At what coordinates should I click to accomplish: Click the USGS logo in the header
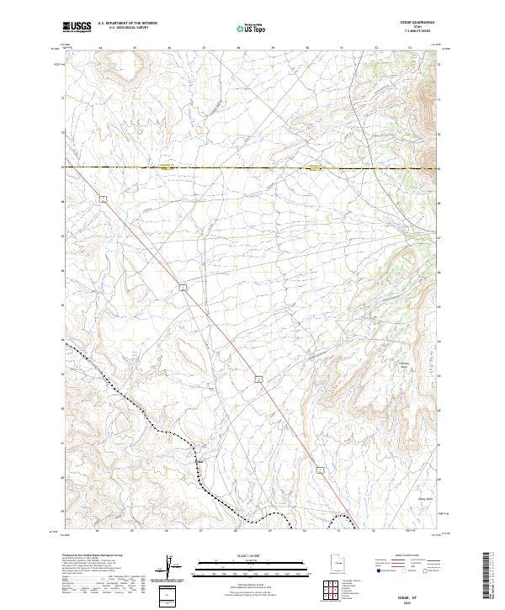click(x=77, y=28)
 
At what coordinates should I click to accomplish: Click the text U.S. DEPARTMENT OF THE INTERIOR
click(x=127, y=24)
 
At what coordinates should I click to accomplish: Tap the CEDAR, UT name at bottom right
click(x=420, y=594)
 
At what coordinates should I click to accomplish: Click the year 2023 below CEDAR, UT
click(x=420, y=601)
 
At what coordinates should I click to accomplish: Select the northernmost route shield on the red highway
click(x=102, y=199)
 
